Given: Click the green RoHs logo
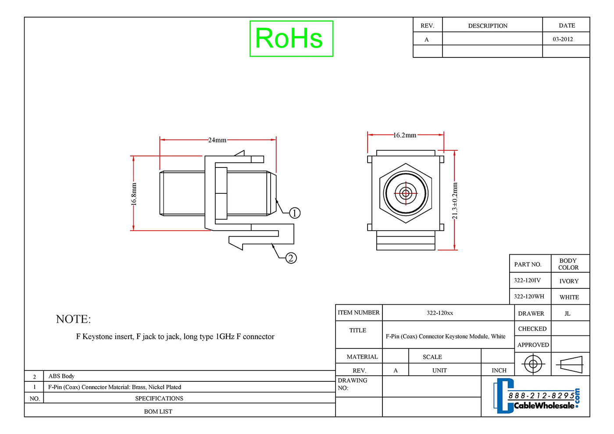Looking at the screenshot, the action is click(291, 39).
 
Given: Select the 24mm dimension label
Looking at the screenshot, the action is click(218, 140).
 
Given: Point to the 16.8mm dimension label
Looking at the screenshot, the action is click(133, 194).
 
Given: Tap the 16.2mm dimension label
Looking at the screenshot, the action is click(405, 135).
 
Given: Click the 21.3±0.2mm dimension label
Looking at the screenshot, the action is click(455, 201).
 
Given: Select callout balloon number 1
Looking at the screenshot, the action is click(295, 213).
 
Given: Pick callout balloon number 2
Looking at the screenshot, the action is click(291, 258).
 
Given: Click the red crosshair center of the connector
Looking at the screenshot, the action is click(406, 193).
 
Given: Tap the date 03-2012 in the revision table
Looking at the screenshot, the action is click(563, 39).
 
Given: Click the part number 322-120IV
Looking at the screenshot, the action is click(527, 280).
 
